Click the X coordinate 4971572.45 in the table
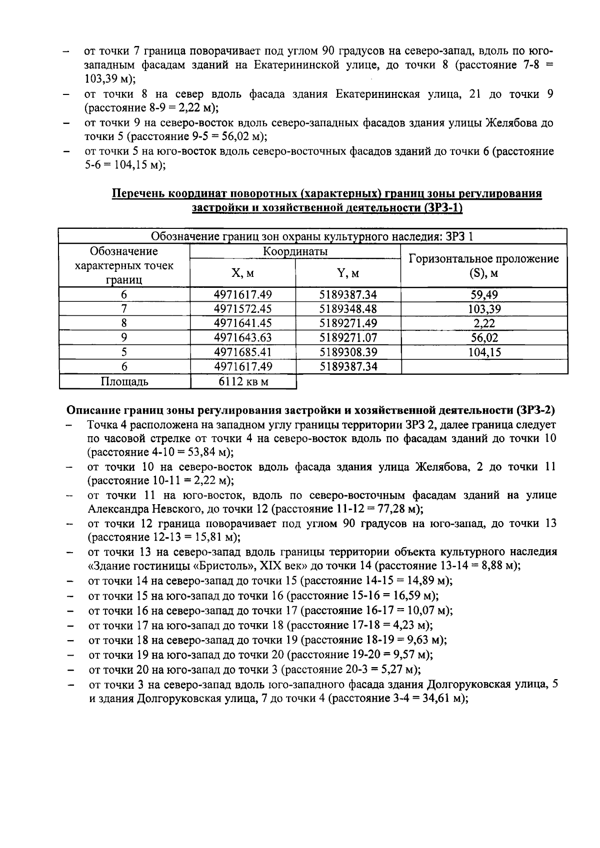(242, 309)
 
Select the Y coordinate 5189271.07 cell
(348, 338)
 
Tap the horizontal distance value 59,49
(484, 295)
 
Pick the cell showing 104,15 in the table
(484, 352)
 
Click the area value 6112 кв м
(243, 382)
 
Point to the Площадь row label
(124, 382)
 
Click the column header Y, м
(348, 273)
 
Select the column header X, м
(242, 273)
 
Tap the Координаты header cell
(295, 251)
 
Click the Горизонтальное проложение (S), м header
(484, 266)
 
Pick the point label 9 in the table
(124, 338)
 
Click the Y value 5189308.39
(348, 352)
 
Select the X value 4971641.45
(242, 323)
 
